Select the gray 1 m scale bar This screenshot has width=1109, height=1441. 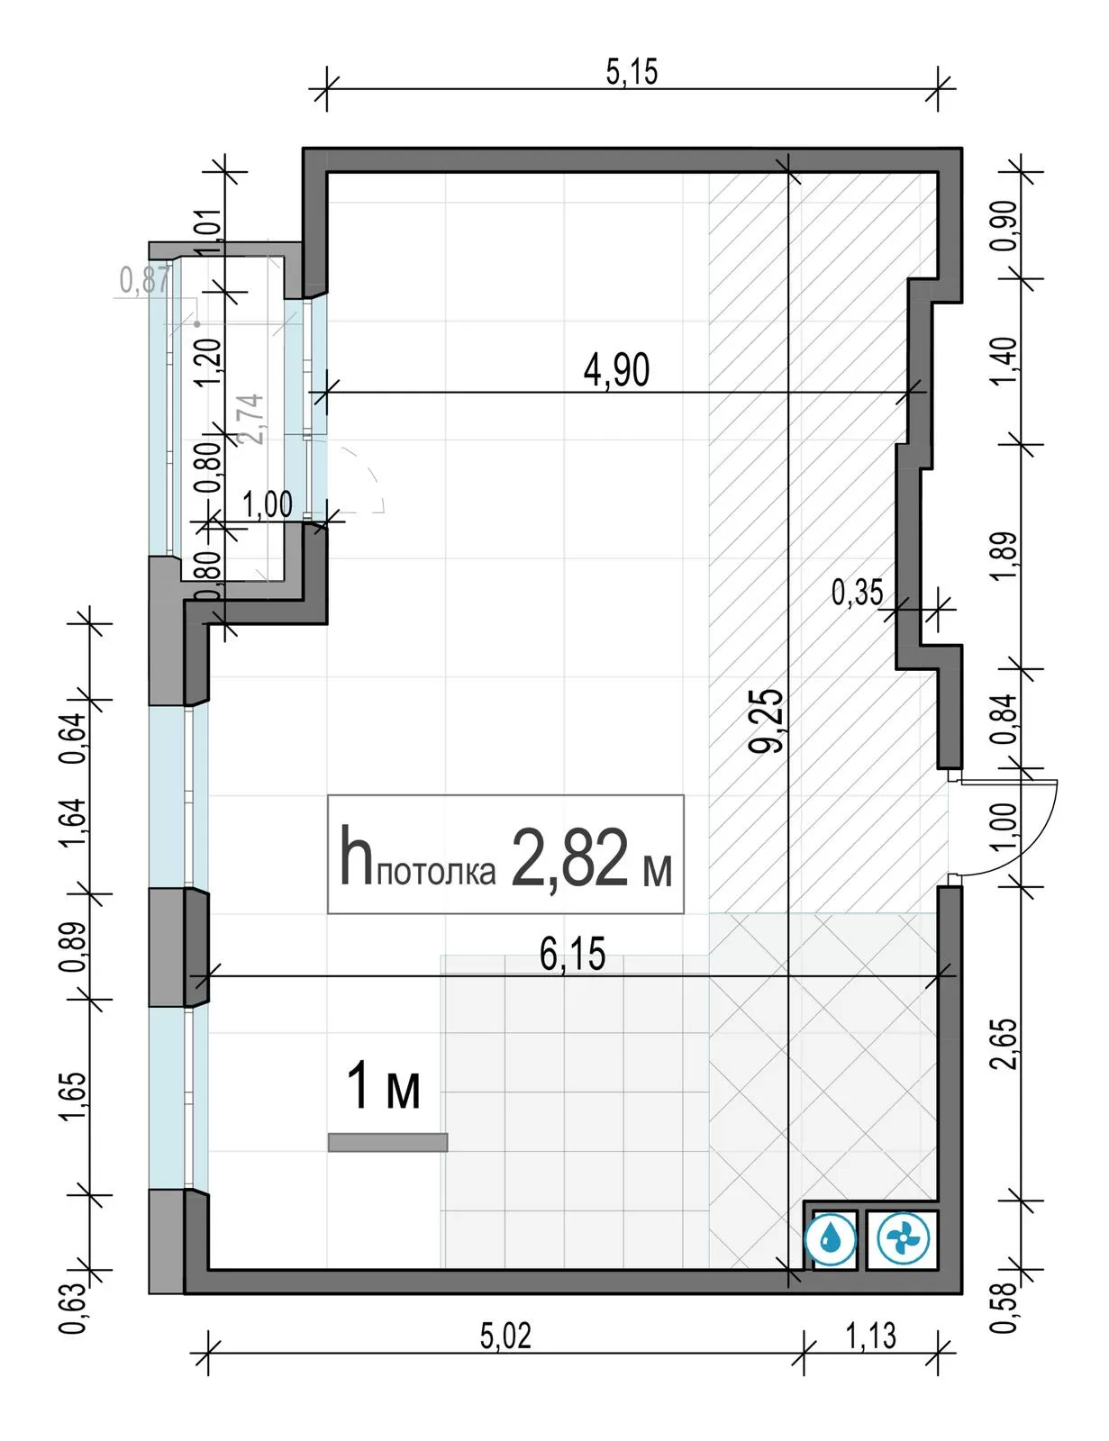coord(387,1142)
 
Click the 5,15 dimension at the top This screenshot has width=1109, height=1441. coord(632,72)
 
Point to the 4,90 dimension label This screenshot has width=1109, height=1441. coord(616,370)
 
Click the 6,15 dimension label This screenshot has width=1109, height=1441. coord(572,955)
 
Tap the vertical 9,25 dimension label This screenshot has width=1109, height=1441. coord(766,720)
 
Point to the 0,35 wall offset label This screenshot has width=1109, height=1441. coord(857,593)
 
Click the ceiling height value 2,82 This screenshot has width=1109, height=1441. coord(569,857)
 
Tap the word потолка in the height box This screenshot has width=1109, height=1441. coord(436,872)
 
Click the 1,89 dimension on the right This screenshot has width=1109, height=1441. coord(1004,556)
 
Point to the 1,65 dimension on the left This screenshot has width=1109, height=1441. coord(73,1097)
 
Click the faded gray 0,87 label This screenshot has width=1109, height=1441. coord(145,280)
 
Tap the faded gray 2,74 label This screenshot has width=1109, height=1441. coord(253,419)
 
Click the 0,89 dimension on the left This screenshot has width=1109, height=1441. coord(73,946)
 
